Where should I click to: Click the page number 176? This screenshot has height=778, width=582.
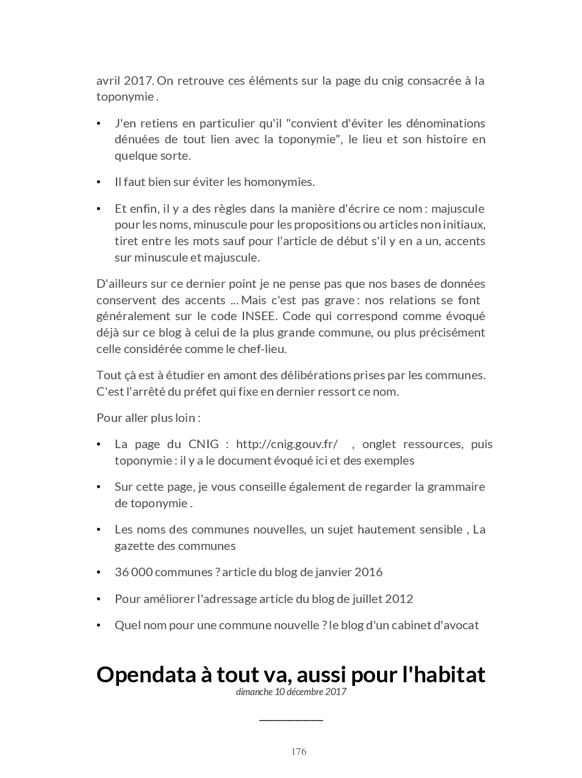pyautogui.click(x=298, y=751)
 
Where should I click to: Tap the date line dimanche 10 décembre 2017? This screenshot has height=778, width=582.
pyautogui.click(x=291, y=691)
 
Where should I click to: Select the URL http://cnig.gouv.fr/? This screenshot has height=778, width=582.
pyautogui.click(x=287, y=444)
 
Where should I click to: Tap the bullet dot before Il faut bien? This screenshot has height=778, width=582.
pyautogui.click(x=99, y=182)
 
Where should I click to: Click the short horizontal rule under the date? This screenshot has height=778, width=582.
pyautogui.click(x=291, y=720)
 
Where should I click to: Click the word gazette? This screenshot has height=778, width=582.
pyautogui.click(x=134, y=546)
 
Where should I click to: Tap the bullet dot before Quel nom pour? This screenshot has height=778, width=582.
pyautogui.click(x=99, y=626)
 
